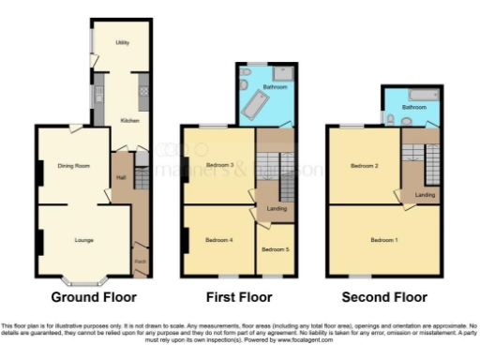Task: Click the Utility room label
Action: click(122, 43)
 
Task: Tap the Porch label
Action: click(140, 261)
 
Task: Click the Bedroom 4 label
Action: click(218, 240)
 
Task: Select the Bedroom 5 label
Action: click(274, 249)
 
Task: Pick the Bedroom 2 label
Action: click(364, 166)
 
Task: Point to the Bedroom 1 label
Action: click(383, 240)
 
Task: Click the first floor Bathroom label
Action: click(275, 86)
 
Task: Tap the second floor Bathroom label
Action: click(414, 108)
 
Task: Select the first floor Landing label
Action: click(277, 208)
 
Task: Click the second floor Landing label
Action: click(425, 194)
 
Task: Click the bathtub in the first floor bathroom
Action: click(254, 109)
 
